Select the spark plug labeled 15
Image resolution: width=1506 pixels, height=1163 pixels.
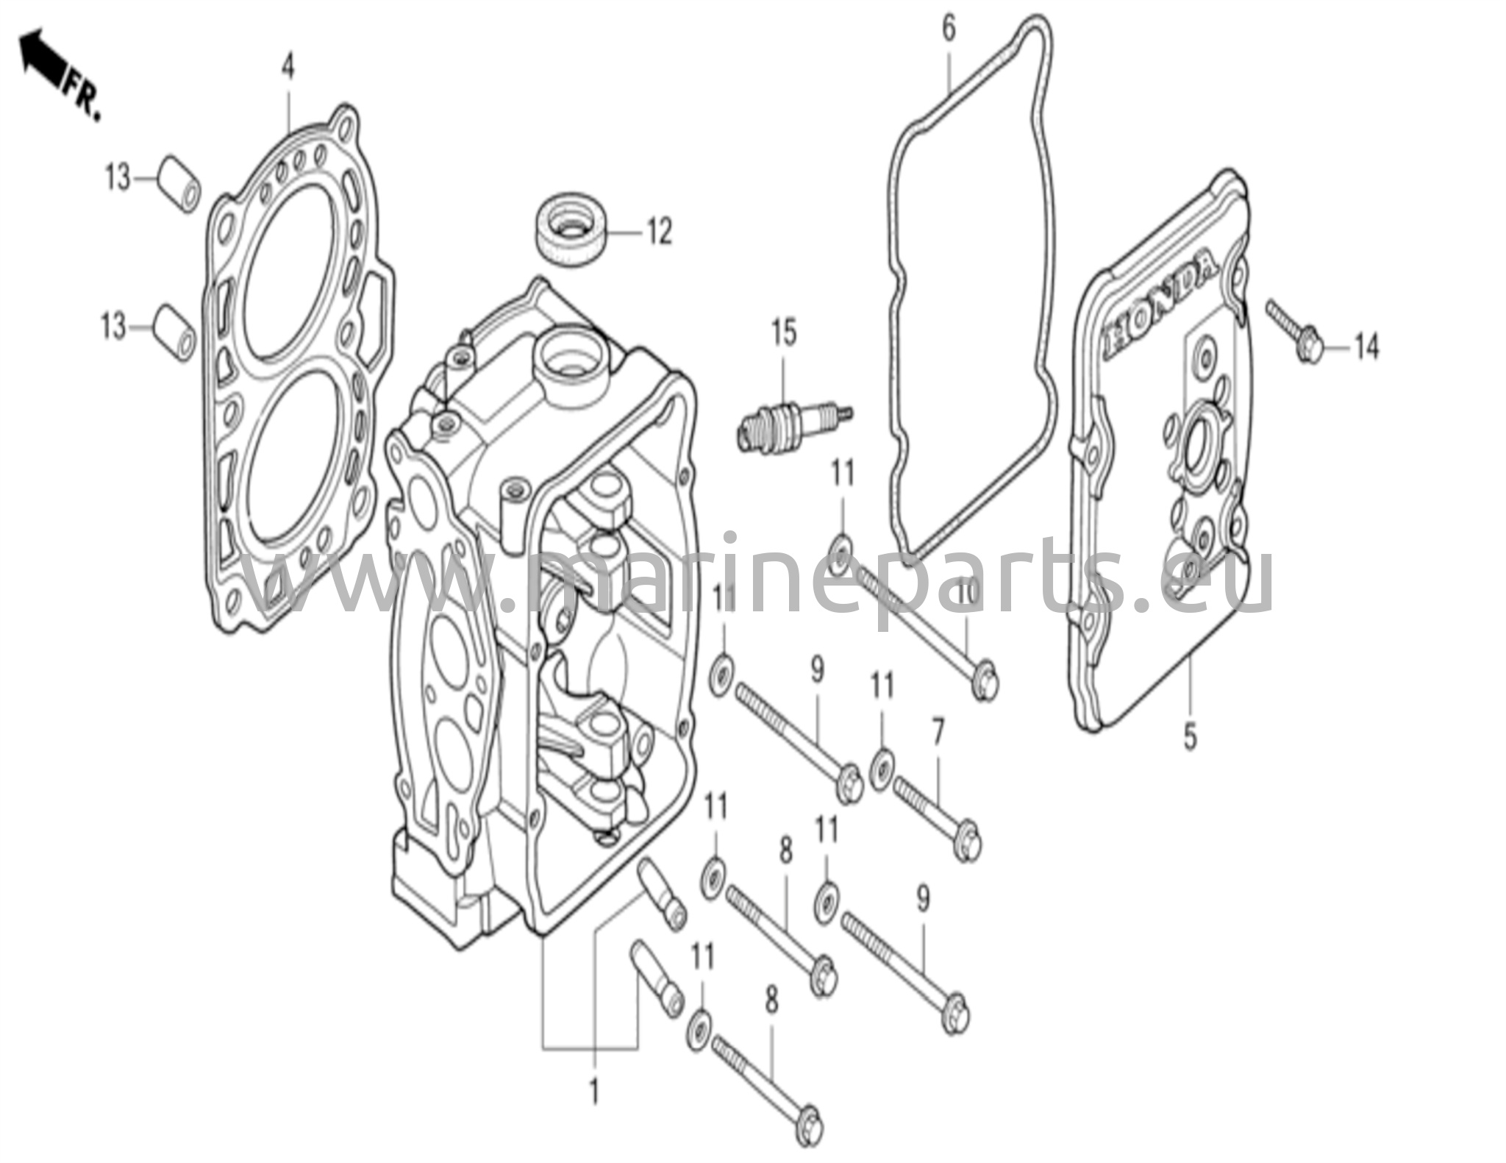pos(794,426)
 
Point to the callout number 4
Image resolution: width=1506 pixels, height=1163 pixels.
pos(288,68)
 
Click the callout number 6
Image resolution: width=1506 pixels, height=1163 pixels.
pos(949,30)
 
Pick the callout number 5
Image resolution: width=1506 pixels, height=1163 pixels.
pos(1190,738)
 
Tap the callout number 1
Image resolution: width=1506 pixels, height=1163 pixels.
pos(594,1092)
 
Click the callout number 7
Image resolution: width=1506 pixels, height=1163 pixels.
pos(937,738)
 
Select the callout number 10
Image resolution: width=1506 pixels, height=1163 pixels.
pos(966,591)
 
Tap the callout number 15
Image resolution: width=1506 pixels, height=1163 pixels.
pos(784,333)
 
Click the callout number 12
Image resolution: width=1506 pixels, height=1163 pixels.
pos(659,232)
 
